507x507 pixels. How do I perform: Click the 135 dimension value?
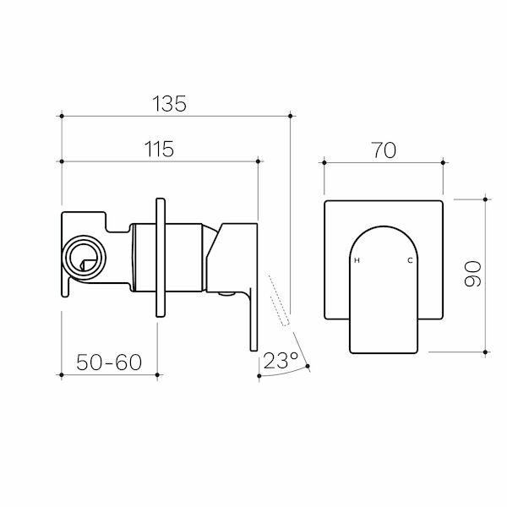168,103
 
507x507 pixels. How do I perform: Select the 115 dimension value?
157,148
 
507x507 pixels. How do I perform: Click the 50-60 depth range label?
108,363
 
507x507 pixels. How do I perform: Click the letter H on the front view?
356,260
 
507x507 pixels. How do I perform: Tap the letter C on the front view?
411,260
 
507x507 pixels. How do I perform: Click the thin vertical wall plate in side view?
161,257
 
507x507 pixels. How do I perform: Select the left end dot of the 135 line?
63,115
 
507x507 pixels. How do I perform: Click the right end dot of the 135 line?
290,115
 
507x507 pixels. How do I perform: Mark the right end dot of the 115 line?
257,160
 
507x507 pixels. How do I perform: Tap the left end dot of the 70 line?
324,160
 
